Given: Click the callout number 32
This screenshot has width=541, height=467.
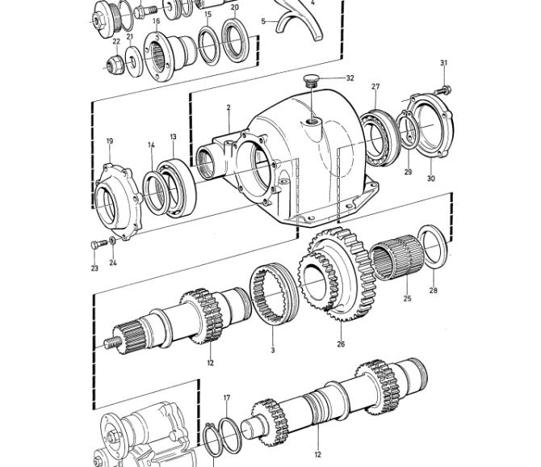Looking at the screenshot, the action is [x=350, y=78].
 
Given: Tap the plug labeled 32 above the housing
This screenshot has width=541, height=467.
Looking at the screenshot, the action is [x=311, y=81].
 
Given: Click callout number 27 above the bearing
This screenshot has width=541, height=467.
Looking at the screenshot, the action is [x=375, y=86].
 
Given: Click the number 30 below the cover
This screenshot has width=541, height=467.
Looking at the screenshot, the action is [x=431, y=179].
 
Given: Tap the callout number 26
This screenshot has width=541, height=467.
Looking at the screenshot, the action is [x=341, y=343].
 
